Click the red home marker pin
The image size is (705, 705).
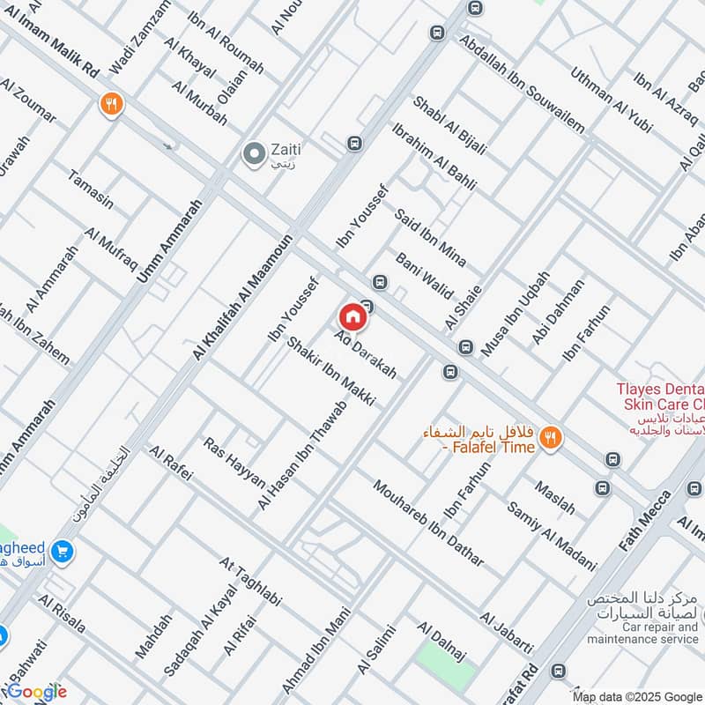click(352, 316)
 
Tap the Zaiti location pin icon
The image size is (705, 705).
click(254, 155)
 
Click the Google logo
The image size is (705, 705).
click(35, 691)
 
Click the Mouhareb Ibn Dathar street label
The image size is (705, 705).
click(428, 523)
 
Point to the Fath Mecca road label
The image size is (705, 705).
click(644, 522)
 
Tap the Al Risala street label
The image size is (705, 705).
click(62, 613)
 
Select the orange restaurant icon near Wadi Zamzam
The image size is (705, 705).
click(111, 104)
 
